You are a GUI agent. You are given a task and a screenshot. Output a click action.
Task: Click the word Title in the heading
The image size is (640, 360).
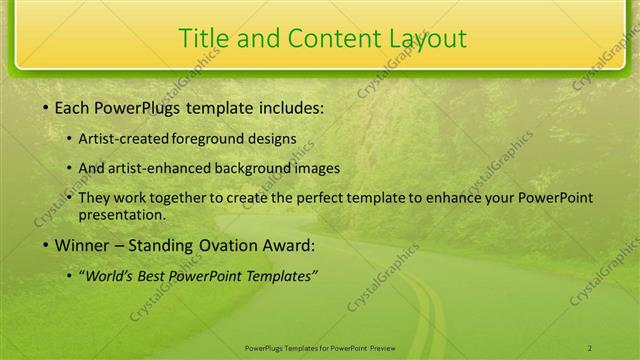201,38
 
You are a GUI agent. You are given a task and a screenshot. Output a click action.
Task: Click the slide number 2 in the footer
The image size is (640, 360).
590,347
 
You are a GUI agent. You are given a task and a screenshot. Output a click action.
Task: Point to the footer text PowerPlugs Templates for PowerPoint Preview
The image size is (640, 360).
320,347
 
